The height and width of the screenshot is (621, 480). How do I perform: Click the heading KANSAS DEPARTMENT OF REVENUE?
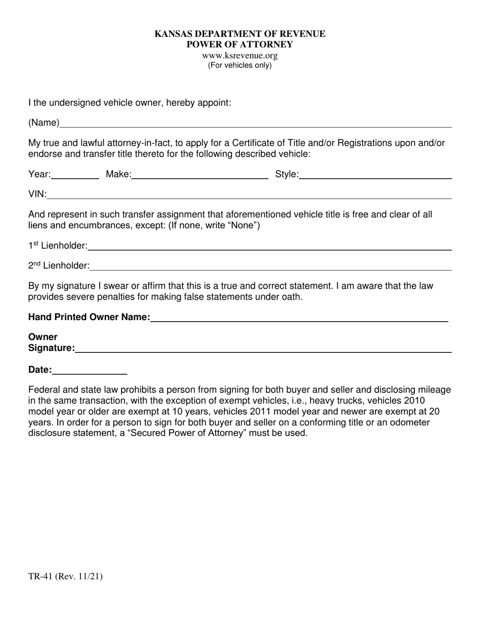(x=239, y=34)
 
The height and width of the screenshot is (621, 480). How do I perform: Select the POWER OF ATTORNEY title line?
(x=239, y=44)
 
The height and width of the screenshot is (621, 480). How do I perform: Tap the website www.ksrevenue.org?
(x=239, y=56)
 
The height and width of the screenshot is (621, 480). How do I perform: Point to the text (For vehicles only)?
(x=239, y=65)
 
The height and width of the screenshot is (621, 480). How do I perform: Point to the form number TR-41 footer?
(x=65, y=576)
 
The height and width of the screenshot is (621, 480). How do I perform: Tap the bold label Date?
(x=40, y=370)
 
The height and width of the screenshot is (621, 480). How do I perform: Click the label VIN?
(x=37, y=194)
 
